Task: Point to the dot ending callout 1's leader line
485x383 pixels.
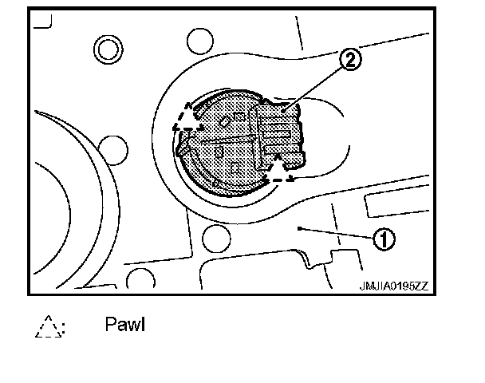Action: coord(298,228)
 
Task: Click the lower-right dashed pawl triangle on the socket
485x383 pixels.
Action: coord(278,169)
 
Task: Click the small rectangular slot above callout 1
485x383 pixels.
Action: coord(386,206)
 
